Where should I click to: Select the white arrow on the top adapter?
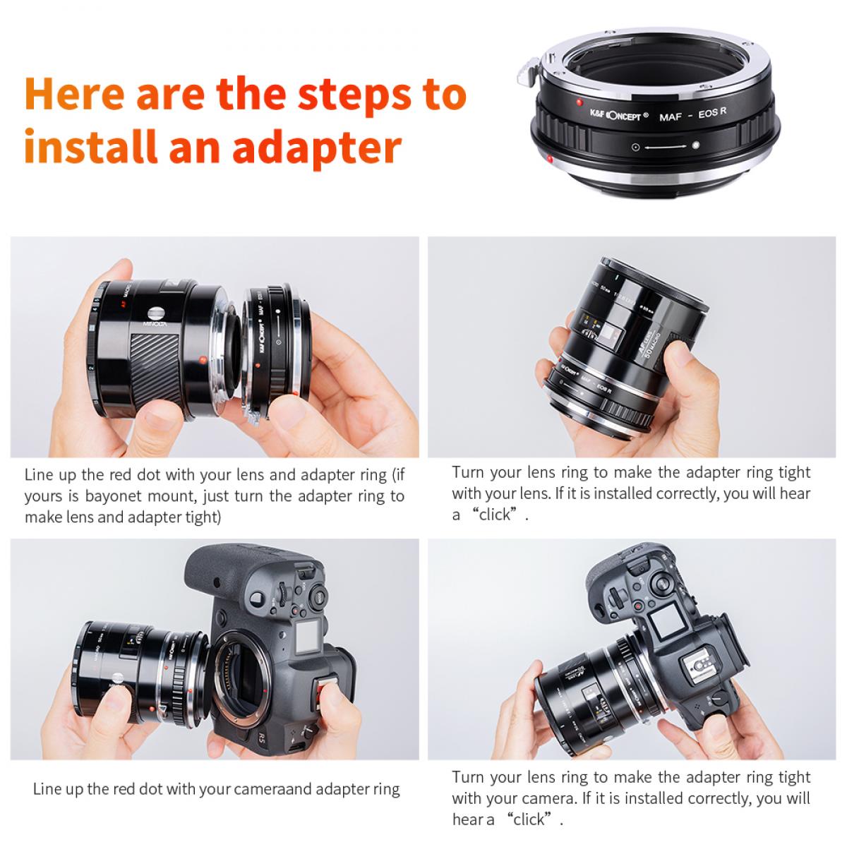[666, 147]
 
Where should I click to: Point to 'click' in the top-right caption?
[494, 515]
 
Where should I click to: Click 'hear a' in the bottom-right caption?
[474, 819]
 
